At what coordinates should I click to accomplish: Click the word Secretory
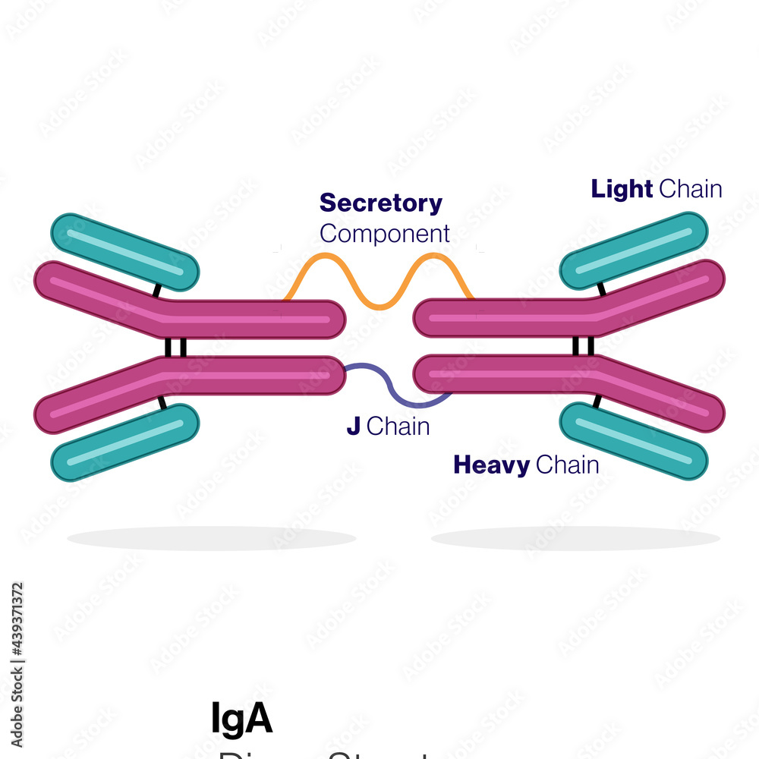(380, 203)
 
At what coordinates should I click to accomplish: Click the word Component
(384, 233)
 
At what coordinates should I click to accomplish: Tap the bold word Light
(622, 189)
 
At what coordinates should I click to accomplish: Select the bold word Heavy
(491, 465)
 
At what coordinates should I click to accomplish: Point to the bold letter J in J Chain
(353, 427)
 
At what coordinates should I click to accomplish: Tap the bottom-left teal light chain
(124, 442)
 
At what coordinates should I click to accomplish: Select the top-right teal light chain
(634, 251)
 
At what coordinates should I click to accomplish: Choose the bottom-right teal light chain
(634, 441)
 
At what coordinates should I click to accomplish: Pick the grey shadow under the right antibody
(575, 538)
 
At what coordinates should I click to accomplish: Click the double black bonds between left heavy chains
(175, 347)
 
